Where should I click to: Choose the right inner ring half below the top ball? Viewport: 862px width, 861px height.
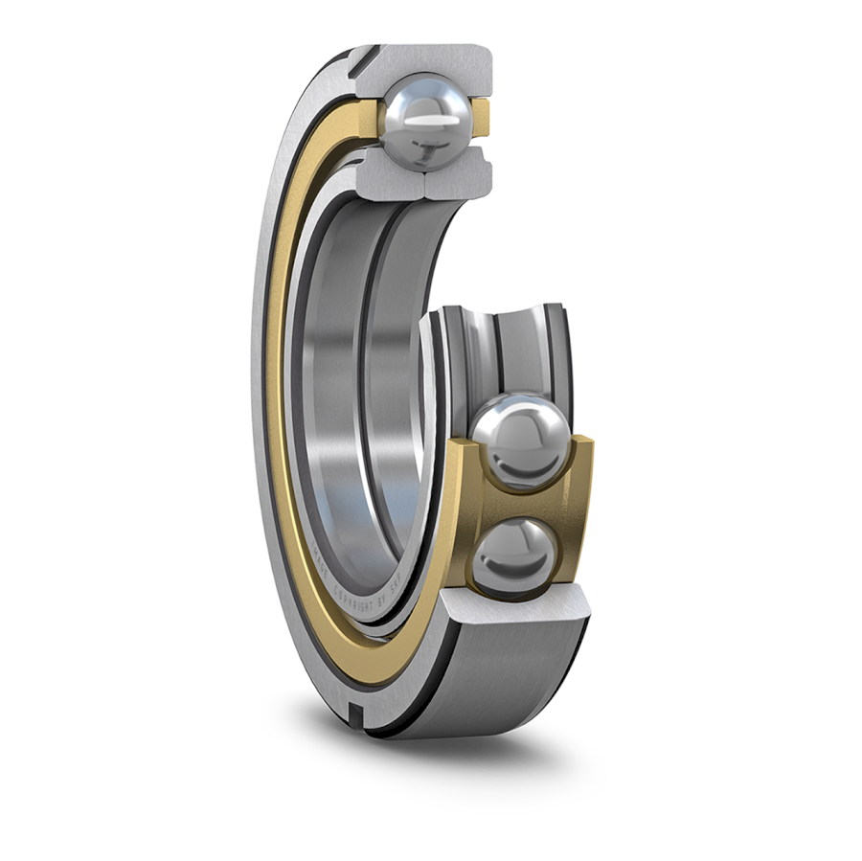[458, 175]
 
